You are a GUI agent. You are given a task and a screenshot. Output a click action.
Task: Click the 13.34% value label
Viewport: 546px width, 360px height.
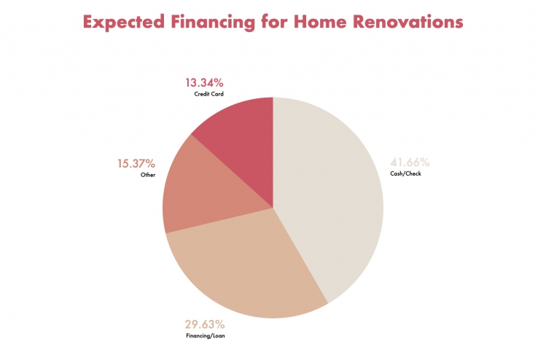click(x=204, y=83)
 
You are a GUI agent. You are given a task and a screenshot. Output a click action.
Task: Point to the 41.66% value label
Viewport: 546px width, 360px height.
click(x=410, y=163)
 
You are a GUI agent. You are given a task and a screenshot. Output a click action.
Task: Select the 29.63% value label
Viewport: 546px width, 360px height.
click(x=205, y=324)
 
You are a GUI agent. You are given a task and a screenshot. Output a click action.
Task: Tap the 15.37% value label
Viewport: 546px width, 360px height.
click(x=136, y=164)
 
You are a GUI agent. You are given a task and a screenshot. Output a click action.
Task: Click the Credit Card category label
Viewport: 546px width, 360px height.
click(x=209, y=94)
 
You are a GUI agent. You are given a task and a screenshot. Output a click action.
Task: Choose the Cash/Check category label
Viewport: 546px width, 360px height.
click(x=405, y=173)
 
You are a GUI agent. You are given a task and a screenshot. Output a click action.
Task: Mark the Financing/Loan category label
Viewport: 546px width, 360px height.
click(x=206, y=336)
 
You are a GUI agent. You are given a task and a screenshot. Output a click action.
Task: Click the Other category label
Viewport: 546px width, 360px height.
click(x=148, y=175)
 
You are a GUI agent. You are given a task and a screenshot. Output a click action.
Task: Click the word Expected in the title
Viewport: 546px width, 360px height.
click(x=124, y=22)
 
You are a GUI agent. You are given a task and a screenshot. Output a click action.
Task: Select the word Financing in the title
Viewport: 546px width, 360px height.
click(x=213, y=22)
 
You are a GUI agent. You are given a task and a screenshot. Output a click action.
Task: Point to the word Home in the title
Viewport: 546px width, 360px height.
click(x=320, y=22)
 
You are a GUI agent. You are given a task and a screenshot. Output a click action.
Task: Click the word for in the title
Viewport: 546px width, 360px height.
click(x=275, y=22)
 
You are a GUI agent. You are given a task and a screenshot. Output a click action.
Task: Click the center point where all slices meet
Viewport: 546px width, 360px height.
click(x=273, y=208)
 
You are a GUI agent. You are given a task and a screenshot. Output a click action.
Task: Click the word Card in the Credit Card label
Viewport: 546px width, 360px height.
click(x=218, y=94)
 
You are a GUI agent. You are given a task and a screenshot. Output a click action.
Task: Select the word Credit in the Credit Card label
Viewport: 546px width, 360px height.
click(x=202, y=94)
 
